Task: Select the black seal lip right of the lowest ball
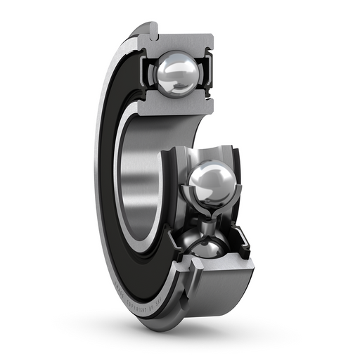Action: click(243, 243)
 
